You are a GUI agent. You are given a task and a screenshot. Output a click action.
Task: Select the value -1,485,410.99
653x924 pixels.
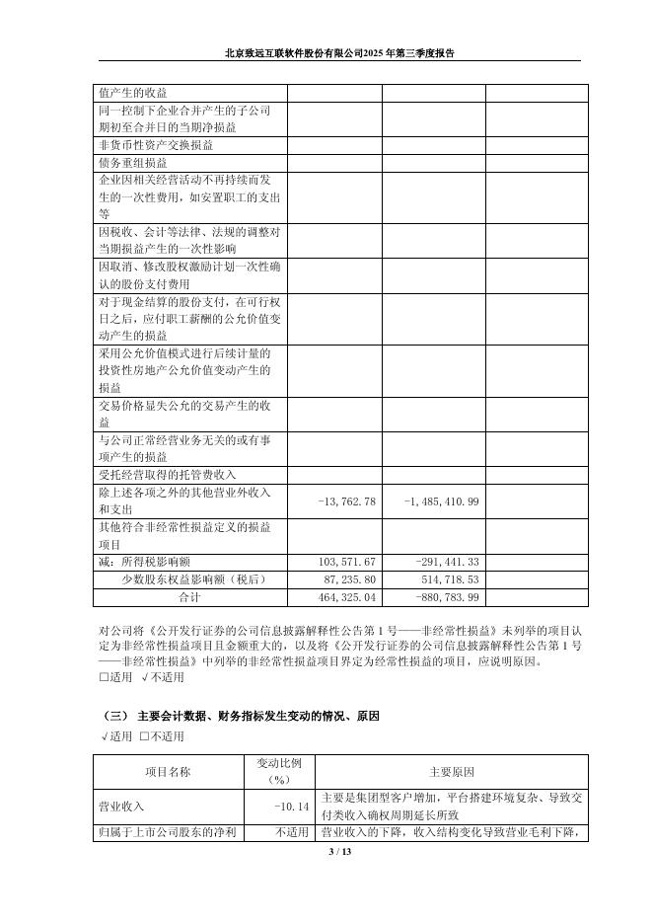coord(441,501)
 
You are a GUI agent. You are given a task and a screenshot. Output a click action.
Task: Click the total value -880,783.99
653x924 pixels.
coord(442,597)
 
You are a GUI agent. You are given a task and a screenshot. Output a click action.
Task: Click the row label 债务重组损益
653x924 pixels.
coord(132,163)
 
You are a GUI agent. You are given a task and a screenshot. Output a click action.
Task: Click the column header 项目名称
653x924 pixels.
coord(169,771)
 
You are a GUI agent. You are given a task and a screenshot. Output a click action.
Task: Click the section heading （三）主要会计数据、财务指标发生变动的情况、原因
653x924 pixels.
coord(241,715)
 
